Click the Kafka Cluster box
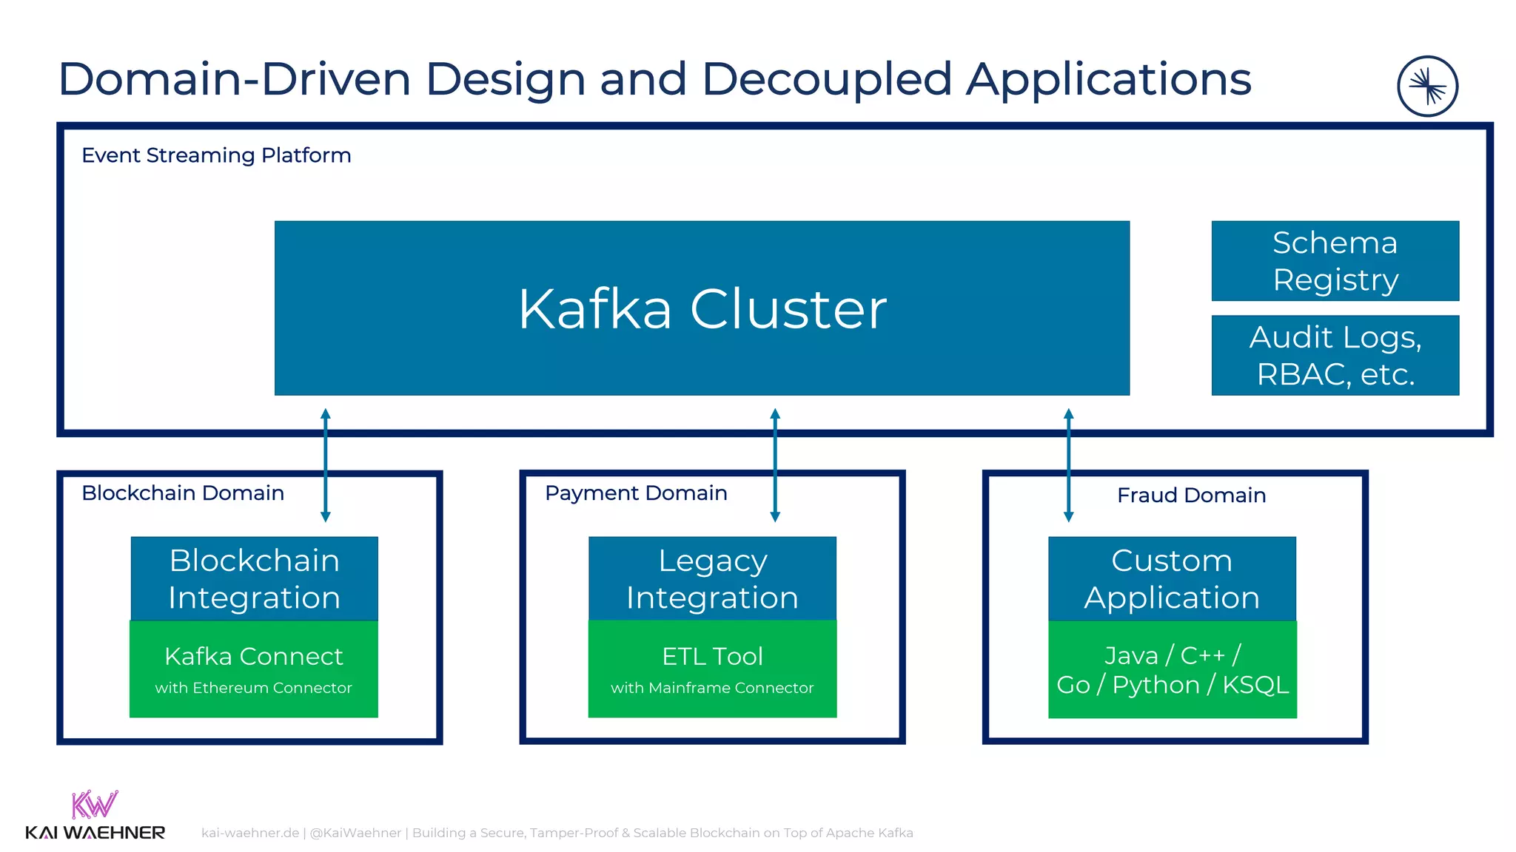coord(702,308)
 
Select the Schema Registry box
coord(1335,260)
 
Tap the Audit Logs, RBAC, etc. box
coord(1335,355)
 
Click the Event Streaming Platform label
coord(216,155)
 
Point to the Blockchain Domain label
coord(183,493)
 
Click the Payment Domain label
coord(636,493)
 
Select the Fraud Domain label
coord(1191,495)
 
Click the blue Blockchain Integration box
coord(254,578)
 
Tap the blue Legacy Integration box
coord(712,578)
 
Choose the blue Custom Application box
coord(1172,578)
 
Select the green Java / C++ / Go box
coord(1172,669)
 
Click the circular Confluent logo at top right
coord(1427,87)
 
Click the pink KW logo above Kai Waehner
coord(94,805)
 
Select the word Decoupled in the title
coord(826,79)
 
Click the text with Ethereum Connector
coord(254,688)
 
